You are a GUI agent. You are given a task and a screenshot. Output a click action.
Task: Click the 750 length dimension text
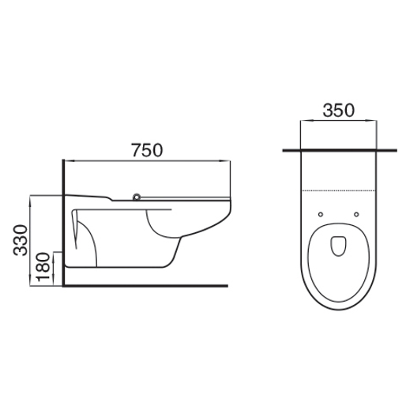pos(146,149)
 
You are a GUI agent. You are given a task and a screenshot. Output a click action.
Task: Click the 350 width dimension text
pos(338,111)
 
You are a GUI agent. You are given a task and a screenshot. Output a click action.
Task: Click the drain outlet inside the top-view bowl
pos(339,247)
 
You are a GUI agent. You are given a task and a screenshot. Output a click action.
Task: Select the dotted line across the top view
pos(338,192)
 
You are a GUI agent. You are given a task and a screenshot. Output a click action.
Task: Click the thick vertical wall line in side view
pos(62,221)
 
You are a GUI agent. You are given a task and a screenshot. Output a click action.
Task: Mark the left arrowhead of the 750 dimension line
pos(65,160)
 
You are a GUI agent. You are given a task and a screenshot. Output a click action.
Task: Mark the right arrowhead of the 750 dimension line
pos(227,160)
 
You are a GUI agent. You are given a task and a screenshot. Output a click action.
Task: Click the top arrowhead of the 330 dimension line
pos(29,197)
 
